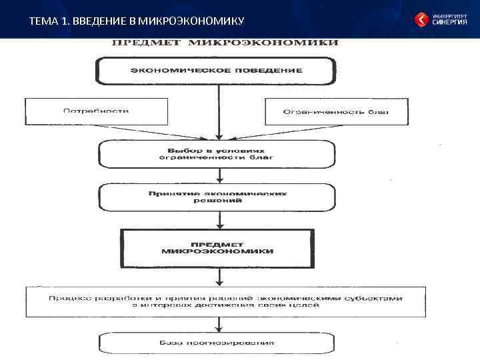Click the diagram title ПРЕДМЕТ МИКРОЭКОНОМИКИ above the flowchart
click(x=224, y=43)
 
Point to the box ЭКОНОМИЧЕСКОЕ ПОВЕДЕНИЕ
click(x=216, y=70)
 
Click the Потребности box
click(x=96, y=111)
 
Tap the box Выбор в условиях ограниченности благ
click(x=217, y=153)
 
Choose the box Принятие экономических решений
click(x=217, y=197)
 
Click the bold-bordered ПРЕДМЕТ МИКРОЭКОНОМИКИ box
click(x=217, y=247)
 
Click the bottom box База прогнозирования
click(x=217, y=343)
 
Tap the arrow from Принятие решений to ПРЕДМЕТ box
click(x=217, y=220)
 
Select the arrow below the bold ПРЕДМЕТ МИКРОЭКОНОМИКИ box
click(x=217, y=277)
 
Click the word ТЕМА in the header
click(x=41, y=21)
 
